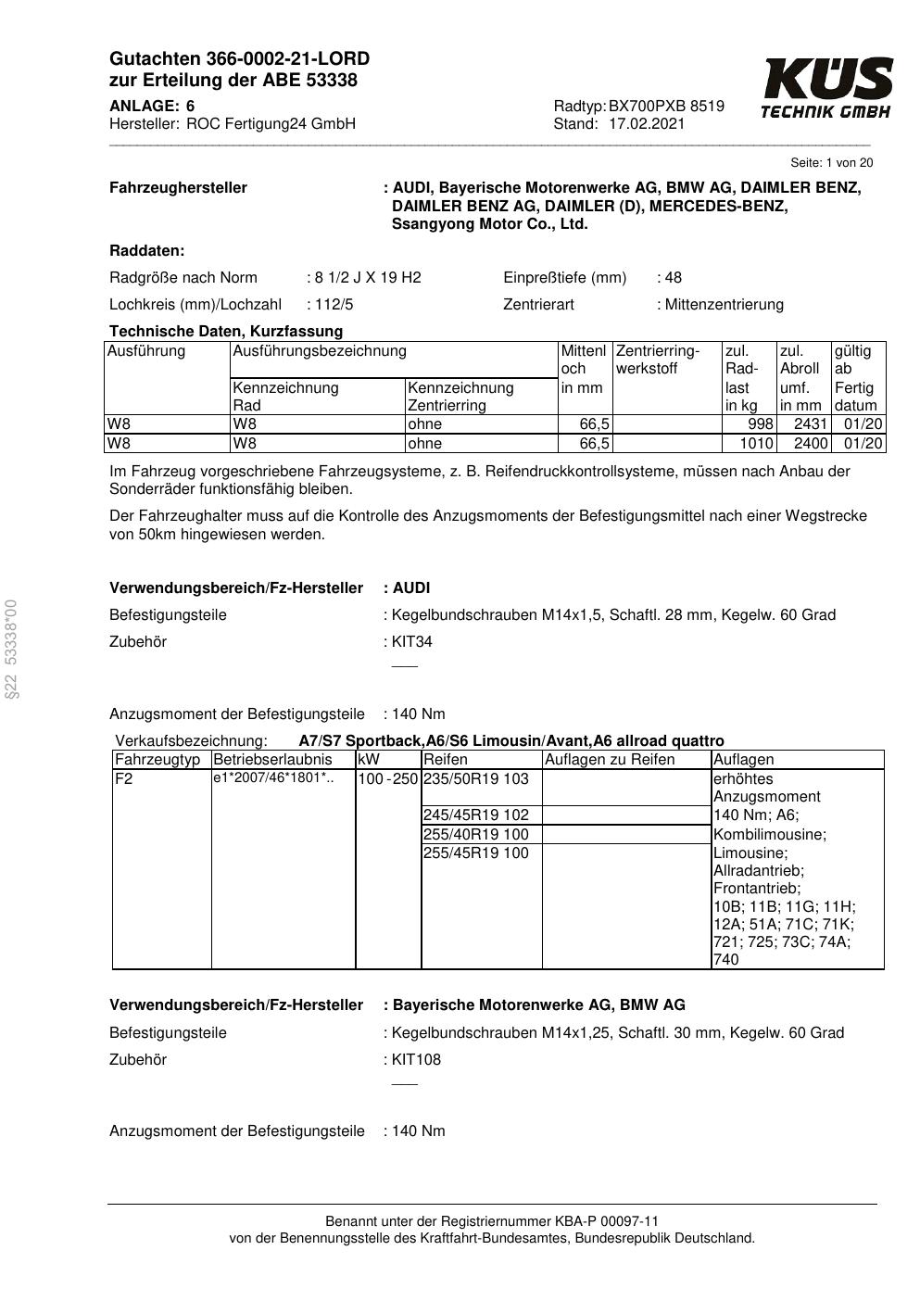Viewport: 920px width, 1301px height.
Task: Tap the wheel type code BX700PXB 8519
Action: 666,107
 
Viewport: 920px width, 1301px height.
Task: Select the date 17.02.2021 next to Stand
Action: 647,124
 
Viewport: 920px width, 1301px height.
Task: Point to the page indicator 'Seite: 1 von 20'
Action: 831,163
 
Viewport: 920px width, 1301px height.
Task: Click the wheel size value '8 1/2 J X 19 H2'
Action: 368,278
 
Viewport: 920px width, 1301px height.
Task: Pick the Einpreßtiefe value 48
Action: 674,278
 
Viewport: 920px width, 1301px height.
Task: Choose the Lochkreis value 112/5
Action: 334,305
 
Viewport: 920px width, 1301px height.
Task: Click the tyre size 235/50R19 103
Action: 476,779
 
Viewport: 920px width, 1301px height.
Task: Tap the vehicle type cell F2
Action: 124,779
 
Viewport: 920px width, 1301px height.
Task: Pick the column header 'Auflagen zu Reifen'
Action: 610,760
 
